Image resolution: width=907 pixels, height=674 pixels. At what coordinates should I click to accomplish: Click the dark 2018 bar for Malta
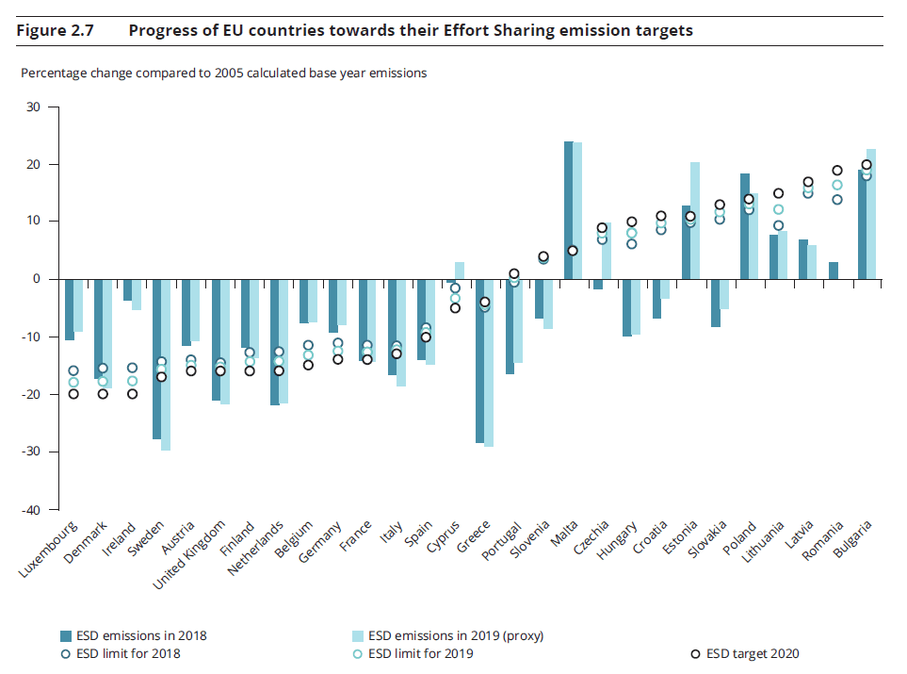coord(569,209)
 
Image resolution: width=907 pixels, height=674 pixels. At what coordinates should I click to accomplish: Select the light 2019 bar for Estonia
coord(695,221)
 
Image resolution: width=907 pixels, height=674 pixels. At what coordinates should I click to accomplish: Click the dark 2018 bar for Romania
coord(833,271)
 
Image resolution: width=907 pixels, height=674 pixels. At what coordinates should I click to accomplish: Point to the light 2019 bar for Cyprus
coord(460,271)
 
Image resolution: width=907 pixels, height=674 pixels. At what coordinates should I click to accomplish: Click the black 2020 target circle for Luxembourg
coord(73,393)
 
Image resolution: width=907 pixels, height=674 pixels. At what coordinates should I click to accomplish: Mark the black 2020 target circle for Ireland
coord(132,393)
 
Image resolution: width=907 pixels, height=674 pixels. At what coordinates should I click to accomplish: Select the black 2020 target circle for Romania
coord(837,171)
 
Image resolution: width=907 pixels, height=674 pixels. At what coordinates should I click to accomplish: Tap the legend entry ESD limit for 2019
coord(420,653)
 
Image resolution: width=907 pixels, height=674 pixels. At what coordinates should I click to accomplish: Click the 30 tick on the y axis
coord(35,107)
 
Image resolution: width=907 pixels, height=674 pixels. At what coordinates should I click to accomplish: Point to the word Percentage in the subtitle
coord(55,73)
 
